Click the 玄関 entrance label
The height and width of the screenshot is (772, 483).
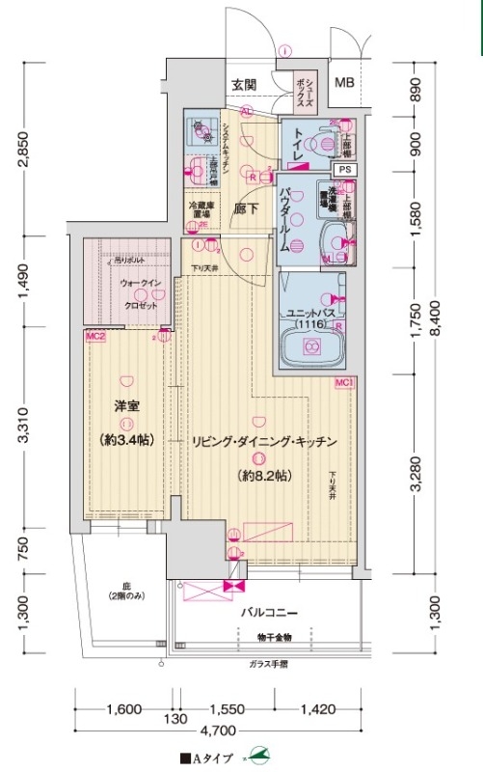[243, 85]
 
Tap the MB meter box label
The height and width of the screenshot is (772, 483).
[344, 83]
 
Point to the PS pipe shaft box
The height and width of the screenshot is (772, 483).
[346, 170]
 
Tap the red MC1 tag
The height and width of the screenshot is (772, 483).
[344, 384]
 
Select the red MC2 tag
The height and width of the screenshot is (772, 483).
[94, 337]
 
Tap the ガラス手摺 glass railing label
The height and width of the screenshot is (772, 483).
[267, 664]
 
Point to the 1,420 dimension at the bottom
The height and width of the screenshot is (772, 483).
[315, 709]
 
